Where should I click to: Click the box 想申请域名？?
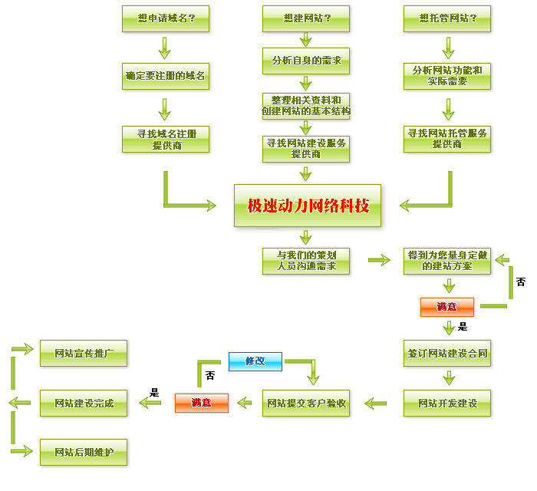[165, 18]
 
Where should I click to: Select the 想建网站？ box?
[306, 18]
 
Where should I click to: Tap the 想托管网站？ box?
[447, 18]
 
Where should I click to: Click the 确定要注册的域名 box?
[165, 77]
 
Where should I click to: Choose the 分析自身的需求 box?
[306, 59]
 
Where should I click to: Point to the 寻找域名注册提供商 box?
[165, 139]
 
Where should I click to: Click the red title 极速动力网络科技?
[308, 206]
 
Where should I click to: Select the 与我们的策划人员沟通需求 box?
[306, 260]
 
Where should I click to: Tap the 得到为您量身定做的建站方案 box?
[447, 260]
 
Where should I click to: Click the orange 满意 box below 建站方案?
[446, 307]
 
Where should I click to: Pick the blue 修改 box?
[255, 361]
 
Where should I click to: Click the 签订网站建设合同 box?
[447, 355]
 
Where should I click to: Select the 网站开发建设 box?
[447, 403]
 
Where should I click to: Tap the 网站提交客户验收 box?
[306, 403]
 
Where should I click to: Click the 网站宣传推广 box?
[84, 354]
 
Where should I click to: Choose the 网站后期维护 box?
[84, 452]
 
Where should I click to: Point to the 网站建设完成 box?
[84, 403]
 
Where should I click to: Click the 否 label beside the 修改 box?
[210, 376]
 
